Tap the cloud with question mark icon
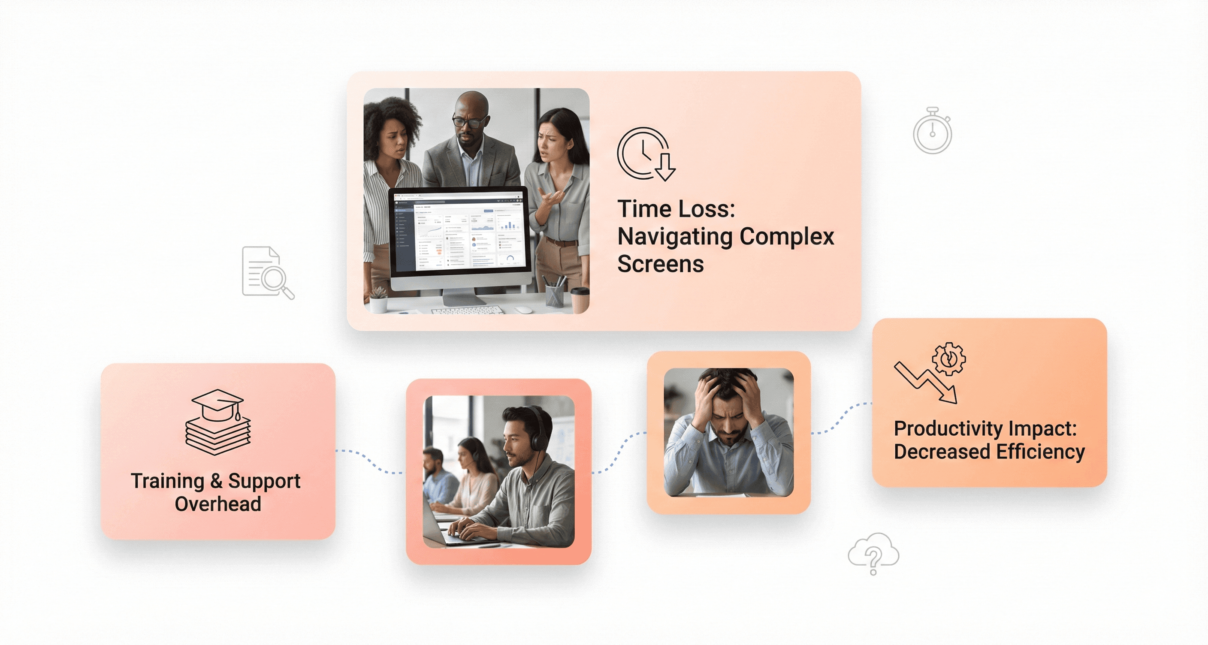tap(873, 553)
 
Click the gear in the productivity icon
tap(948, 359)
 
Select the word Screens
tap(660, 264)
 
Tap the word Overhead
tap(217, 504)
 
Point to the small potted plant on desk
tap(378, 300)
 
